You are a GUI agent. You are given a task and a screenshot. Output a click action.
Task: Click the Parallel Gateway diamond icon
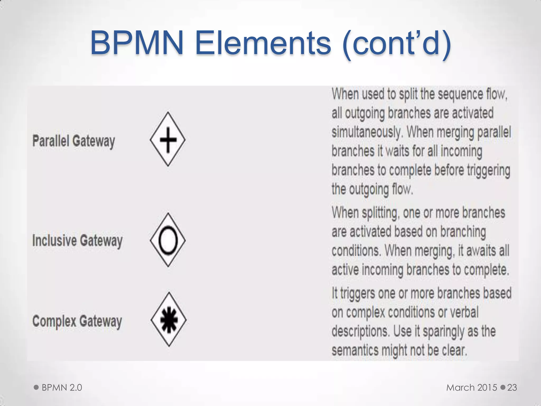pyautogui.click(x=168, y=139)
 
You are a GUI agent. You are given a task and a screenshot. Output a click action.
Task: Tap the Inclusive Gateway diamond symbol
pyautogui.click(x=168, y=240)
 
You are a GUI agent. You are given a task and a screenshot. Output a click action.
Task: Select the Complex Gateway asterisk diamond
pyautogui.click(x=169, y=319)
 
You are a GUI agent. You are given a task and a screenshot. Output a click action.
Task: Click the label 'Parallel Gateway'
pyautogui.click(x=74, y=141)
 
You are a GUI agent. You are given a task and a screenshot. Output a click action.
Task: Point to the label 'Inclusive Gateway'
pyautogui.click(x=77, y=241)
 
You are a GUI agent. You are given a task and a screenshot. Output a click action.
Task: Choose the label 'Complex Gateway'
pyautogui.click(x=77, y=321)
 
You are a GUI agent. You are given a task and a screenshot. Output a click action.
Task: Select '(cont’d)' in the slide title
pyautogui.click(x=397, y=44)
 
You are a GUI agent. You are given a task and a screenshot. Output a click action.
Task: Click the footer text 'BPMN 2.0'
pyautogui.click(x=62, y=387)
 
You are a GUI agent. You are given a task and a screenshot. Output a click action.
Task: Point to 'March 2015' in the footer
pyautogui.click(x=472, y=387)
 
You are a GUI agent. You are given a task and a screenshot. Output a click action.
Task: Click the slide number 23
pyautogui.click(x=512, y=387)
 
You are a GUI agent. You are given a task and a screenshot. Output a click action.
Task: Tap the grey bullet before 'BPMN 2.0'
pyautogui.click(x=36, y=387)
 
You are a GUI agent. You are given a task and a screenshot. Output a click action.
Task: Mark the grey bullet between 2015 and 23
pyautogui.click(x=503, y=387)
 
